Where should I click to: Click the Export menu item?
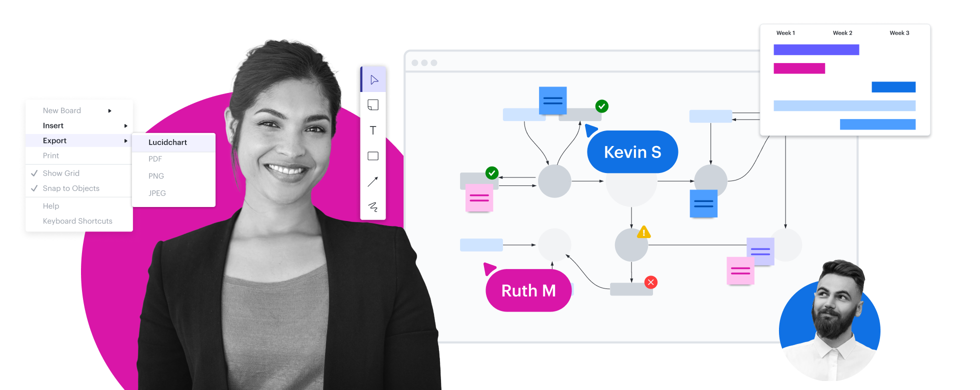[55, 140]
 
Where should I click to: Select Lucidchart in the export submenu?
[167, 142]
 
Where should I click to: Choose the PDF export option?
[155, 159]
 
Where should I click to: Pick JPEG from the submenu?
[157, 193]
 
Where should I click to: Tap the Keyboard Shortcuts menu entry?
[77, 221]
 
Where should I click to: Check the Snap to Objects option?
[71, 188]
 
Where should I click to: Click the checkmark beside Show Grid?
[34, 173]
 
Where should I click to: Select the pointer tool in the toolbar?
[373, 80]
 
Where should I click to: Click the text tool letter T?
[373, 130]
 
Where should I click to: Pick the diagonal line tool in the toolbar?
[373, 181]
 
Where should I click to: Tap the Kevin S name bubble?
[632, 152]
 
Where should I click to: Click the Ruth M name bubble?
[528, 290]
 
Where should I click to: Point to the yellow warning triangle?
[643, 232]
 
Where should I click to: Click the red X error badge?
[650, 282]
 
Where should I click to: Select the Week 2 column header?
[842, 33]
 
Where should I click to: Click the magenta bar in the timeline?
[799, 68]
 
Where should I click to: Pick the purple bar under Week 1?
[816, 49]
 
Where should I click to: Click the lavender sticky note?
[760, 251]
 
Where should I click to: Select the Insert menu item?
[53, 125]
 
